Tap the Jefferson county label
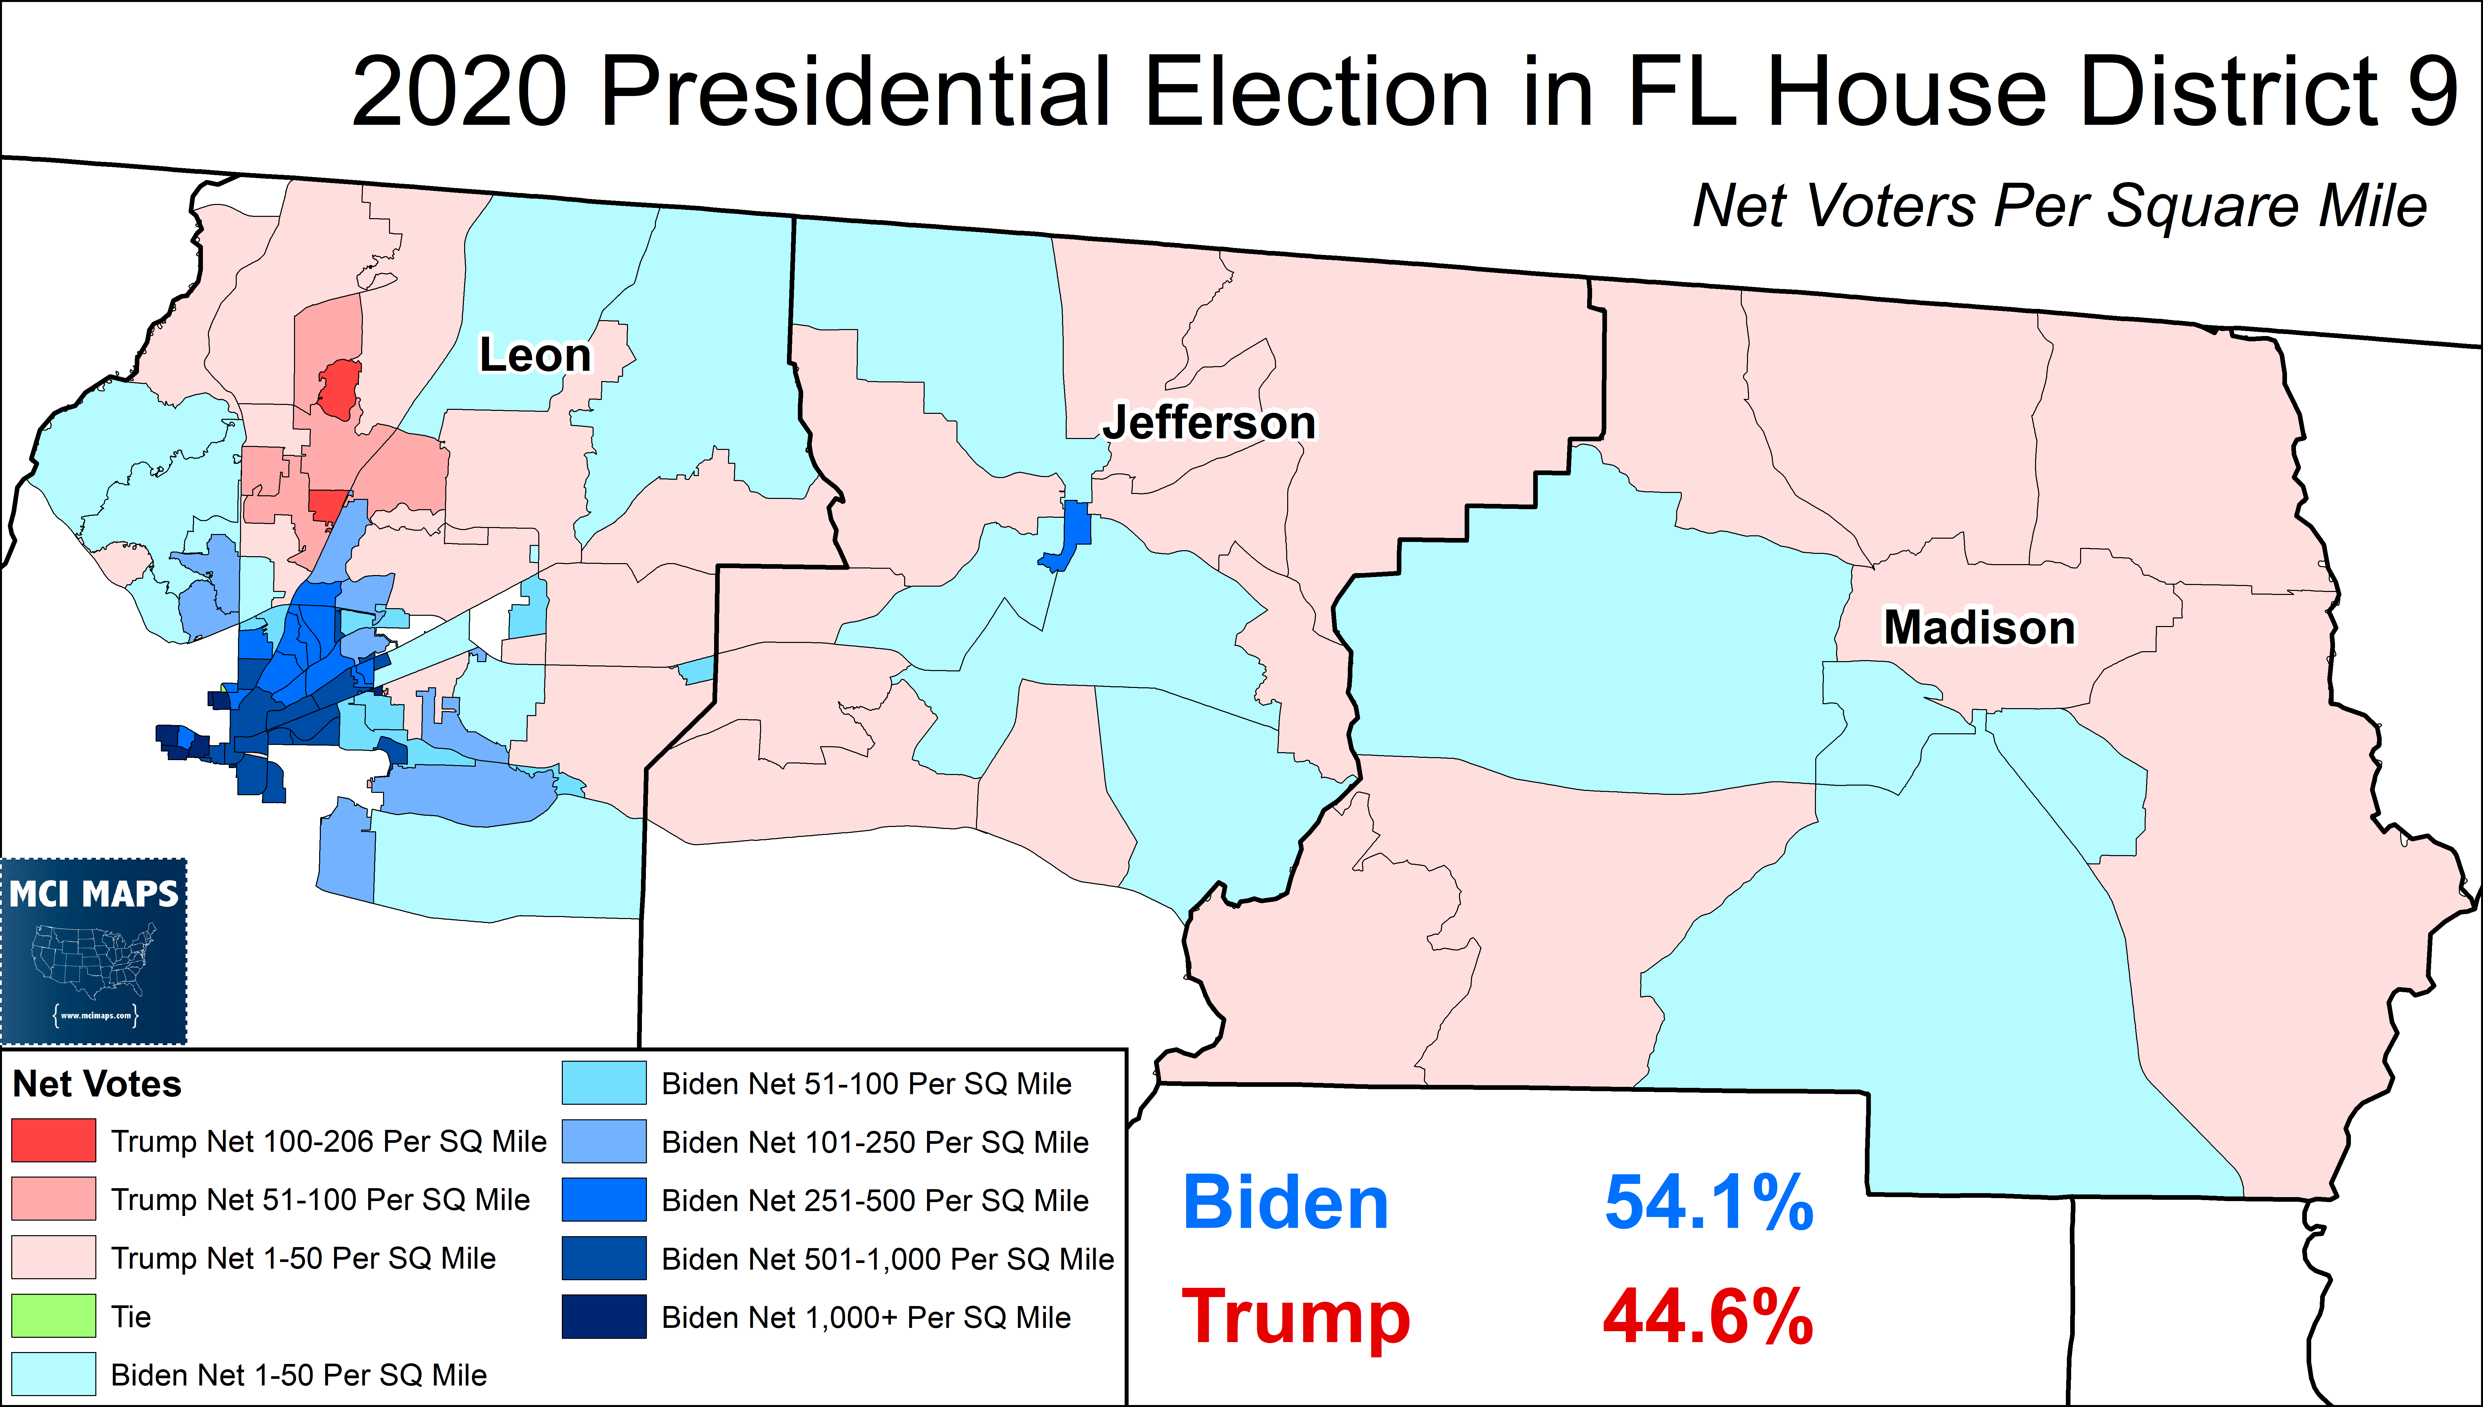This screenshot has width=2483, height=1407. click(1210, 422)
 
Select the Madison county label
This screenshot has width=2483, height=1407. click(1979, 627)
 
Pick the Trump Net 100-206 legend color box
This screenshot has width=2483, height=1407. click(54, 1140)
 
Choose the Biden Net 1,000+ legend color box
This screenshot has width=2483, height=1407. click(604, 1316)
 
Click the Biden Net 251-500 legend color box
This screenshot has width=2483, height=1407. click(604, 1199)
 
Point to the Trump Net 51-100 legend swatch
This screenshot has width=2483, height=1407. click(54, 1198)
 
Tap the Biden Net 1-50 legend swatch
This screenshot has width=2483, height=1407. click(54, 1373)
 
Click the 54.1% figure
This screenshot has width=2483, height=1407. click(1708, 1203)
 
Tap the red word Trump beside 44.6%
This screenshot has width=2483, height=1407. click(1295, 1316)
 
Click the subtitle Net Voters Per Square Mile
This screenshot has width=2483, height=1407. click(2059, 206)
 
